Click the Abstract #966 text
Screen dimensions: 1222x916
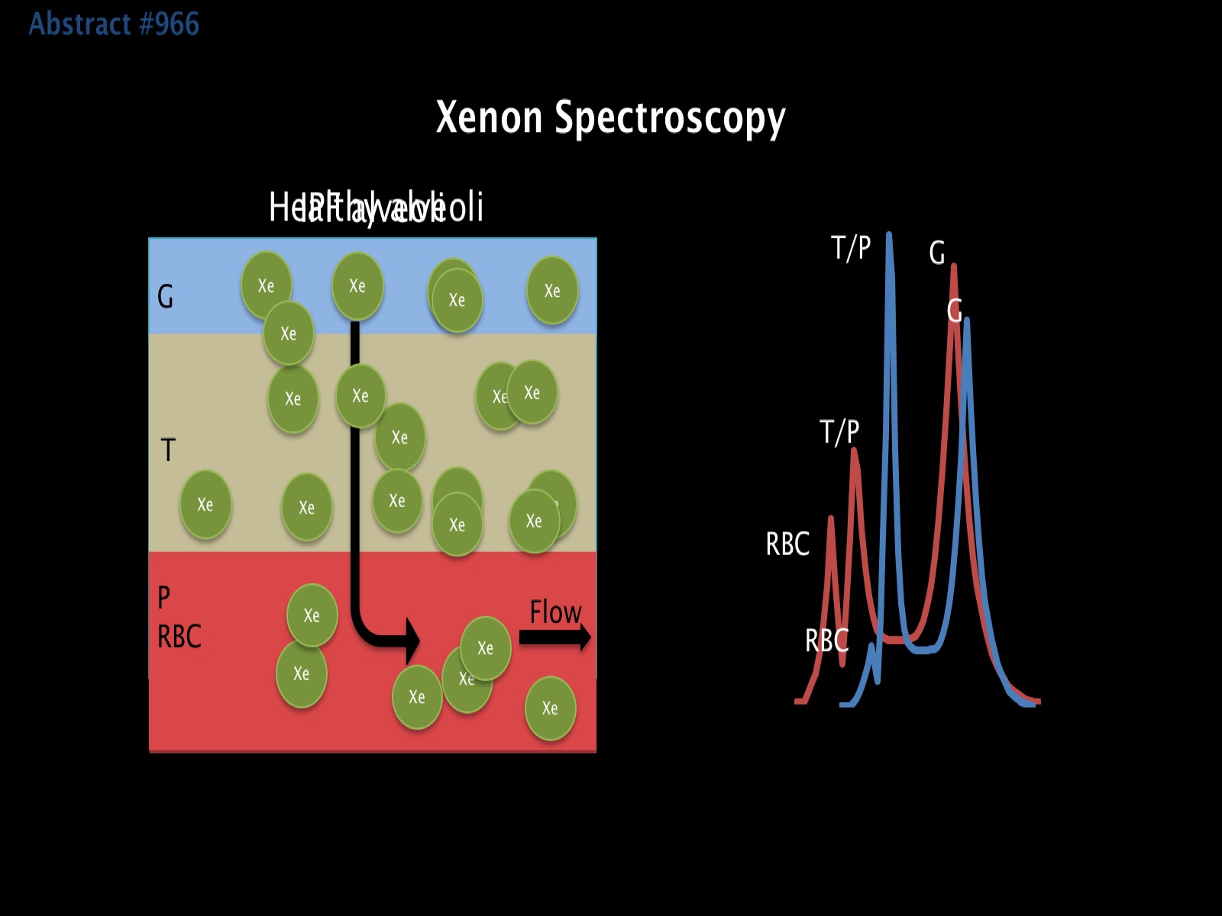click(x=114, y=24)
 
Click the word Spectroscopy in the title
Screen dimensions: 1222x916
click(x=670, y=118)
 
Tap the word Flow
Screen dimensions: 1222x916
click(x=555, y=612)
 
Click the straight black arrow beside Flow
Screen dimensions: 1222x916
click(x=554, y=637)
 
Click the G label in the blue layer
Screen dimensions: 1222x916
click(x=165, y=296)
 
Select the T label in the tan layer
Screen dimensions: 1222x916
click(x=168, y=450)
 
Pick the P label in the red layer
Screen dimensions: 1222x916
click(x=163, y=598)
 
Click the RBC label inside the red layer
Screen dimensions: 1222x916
click(x=179, y=637)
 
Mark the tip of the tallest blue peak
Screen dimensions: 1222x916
click(x=889, y=235)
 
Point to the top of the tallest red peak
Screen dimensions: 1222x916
click(x=954, y=267)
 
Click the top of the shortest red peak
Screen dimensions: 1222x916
click(x=830, y=519)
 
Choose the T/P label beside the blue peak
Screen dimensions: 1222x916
click(x=851, y=248)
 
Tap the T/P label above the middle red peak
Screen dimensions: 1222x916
click(x=839, y=432)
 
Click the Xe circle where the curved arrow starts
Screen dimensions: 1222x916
click(x=357, y=286)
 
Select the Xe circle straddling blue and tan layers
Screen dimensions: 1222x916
click(x=288, y=333)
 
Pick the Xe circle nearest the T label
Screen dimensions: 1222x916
click(x=205, y=505)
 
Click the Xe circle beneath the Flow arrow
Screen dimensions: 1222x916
click(x=550, y=708)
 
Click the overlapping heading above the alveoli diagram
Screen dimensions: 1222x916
click(x=376, y=208)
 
